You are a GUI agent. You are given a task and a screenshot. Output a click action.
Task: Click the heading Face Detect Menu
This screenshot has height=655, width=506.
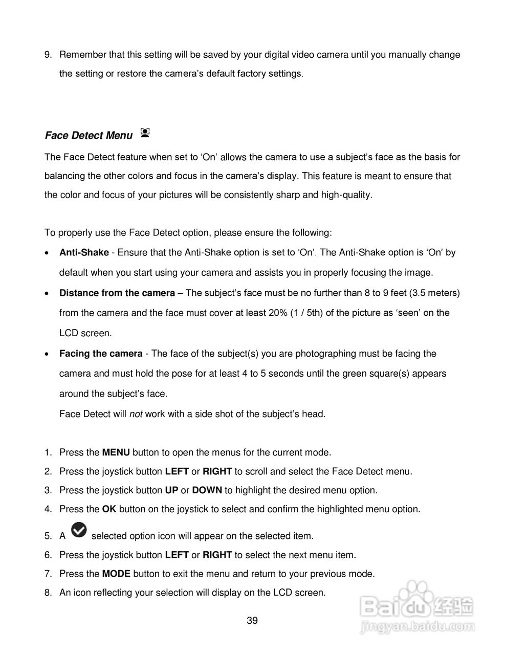(x=89, y=136)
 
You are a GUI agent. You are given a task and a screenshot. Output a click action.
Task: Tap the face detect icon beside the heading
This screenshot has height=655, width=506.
(x=145, y=134)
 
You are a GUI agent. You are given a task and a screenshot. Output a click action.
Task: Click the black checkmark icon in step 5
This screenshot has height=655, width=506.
(x=79, y=530)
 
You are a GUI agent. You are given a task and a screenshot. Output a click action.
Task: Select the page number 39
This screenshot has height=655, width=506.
(x=252, y=621)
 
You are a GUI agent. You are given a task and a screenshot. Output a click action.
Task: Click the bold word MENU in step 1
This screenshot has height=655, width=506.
(x=116, y=452)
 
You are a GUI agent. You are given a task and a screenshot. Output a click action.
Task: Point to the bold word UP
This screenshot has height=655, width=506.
(x=171, y=490)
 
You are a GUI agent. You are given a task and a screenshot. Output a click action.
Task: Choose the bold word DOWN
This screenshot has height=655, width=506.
(x=207, y=490)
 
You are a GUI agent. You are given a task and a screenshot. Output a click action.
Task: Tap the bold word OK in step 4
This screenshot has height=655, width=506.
(x=109, y=509)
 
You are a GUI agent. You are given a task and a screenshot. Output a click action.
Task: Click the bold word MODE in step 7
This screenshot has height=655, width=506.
(x=116, y=574)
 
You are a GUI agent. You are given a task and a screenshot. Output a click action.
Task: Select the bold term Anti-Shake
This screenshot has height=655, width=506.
(x=84, y=252)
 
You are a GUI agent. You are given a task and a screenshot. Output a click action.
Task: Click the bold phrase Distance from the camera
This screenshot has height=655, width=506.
(x=117, y=293)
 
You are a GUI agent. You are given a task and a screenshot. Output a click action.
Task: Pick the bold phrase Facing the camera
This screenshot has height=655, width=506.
(x=101, y=354)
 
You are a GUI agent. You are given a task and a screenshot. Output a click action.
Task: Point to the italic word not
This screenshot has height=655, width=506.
(x=136, y=414)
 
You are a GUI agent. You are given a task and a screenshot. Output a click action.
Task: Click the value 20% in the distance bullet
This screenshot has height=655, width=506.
(x=277, y=313)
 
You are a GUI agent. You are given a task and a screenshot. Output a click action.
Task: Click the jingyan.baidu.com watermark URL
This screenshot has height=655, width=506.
(x=417, y=626)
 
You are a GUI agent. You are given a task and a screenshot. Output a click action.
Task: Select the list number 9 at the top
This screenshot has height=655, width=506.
(x=48, y=55)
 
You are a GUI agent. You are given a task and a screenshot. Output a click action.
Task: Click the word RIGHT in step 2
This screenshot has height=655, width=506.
(x=217, y=471)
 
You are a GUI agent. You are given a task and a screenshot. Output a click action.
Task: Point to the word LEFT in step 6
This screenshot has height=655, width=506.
(x=177, y=555)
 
